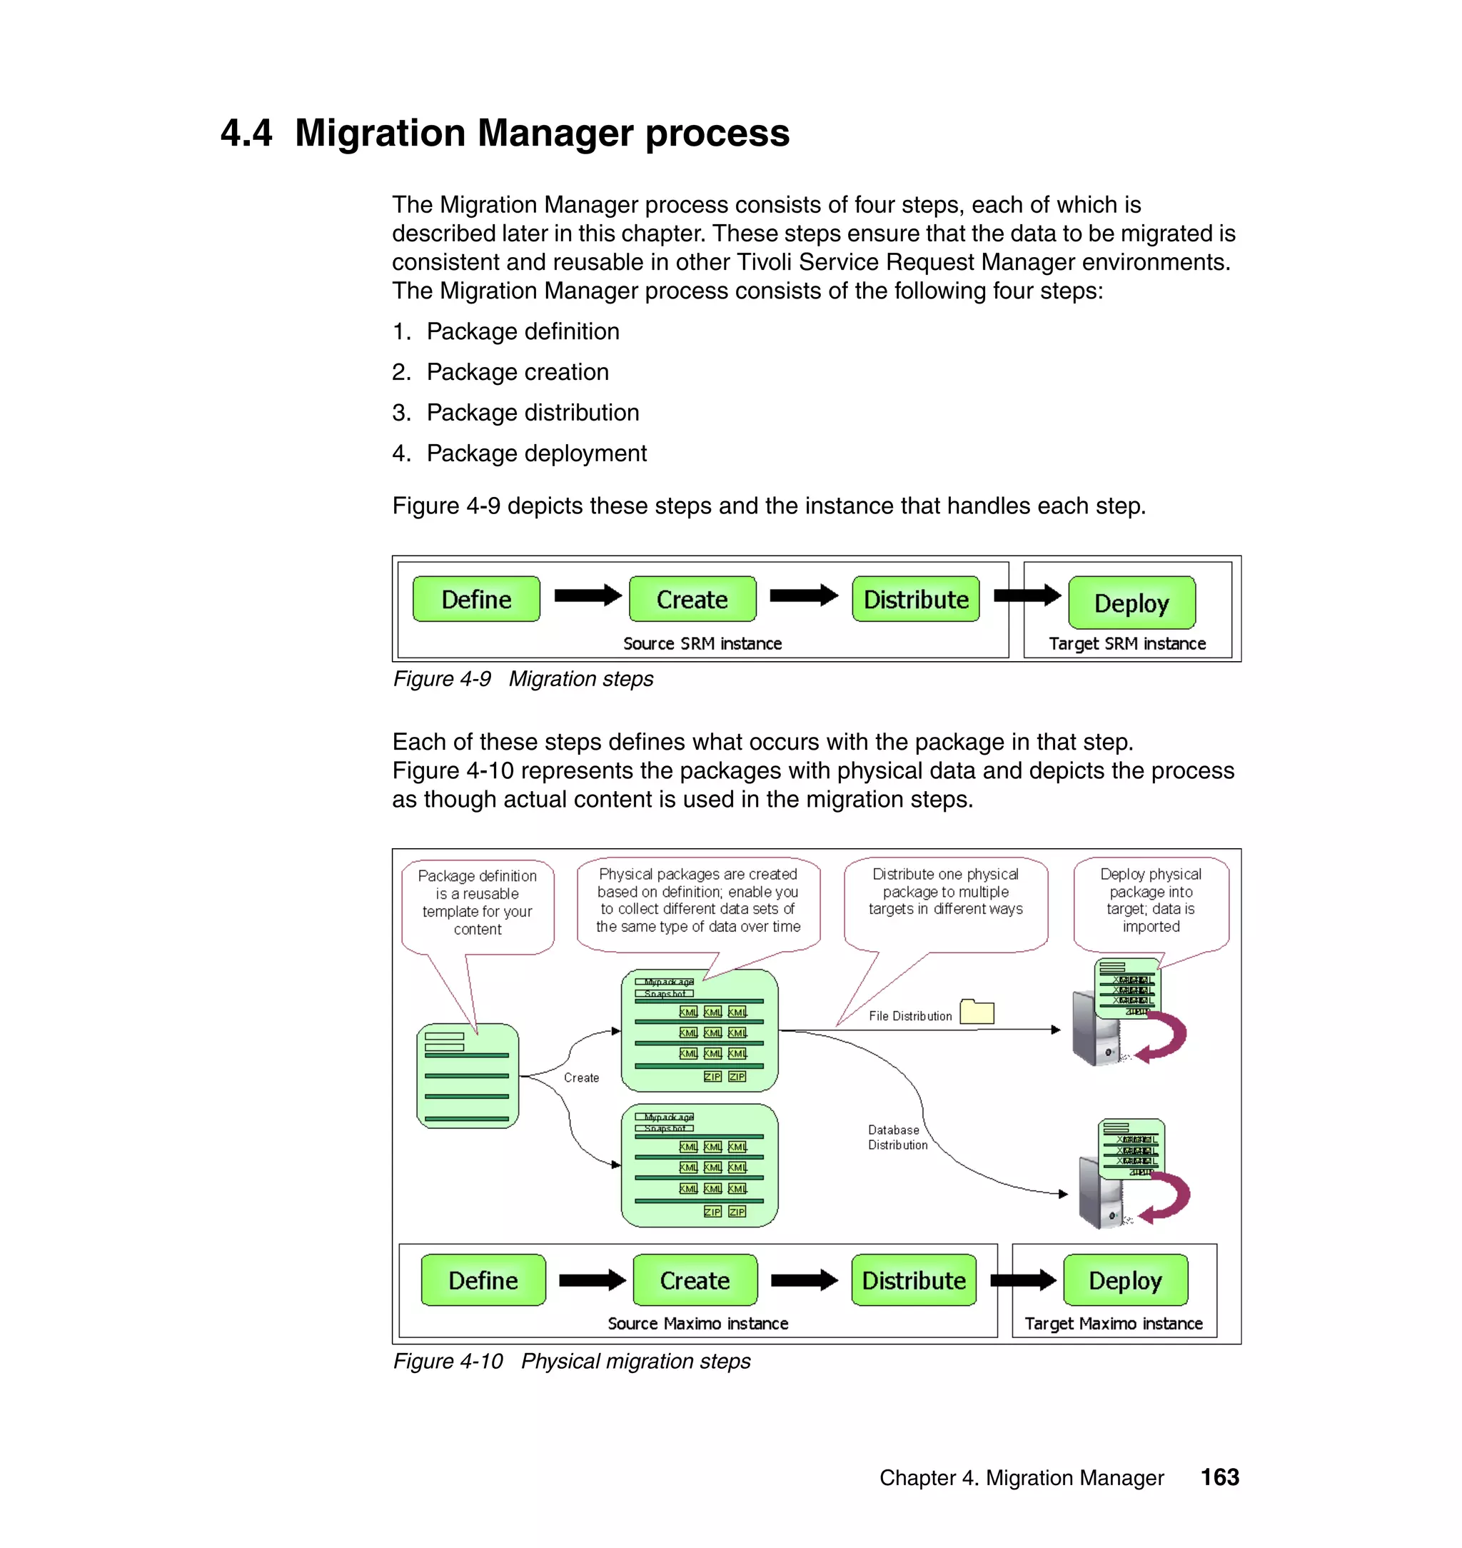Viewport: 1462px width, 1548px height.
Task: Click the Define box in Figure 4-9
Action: pos(476,599)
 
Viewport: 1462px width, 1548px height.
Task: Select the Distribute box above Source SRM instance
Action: pos(916,599)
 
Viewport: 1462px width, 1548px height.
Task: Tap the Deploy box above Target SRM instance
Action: pos(1131,603)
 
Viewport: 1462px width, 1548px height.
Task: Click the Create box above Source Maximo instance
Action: pos(695,1280)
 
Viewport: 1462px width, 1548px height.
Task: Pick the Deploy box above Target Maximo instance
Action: pos(1125,1280)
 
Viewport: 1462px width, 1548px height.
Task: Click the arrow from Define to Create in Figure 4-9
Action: pos(587,596)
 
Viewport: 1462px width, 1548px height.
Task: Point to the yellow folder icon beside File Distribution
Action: pos(977,1012)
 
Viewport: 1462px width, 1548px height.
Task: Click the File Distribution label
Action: pos(910,1015)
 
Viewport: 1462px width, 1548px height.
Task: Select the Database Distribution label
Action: pos(898,1137)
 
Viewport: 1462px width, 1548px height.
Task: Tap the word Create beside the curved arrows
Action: pos(581,1077)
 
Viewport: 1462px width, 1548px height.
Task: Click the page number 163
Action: pos(1219,1477)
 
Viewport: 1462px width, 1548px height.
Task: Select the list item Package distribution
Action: pos(533,412)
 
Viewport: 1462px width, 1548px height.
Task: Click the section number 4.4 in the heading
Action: pos(246,133)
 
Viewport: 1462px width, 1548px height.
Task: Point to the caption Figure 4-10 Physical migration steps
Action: pos(571,1361)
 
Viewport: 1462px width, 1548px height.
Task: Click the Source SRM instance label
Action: pos(702,644)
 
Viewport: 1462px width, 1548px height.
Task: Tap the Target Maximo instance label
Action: pos(1114,1324)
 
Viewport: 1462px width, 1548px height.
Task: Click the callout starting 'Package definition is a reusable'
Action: pos(478,902)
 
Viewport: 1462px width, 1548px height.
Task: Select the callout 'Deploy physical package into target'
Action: pos(1151,900)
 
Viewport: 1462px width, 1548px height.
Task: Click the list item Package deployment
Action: pos(536,453)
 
